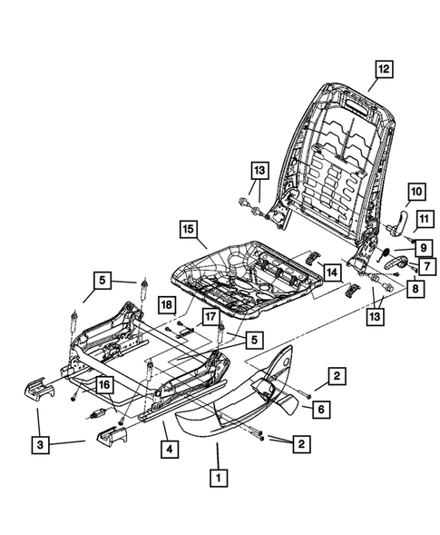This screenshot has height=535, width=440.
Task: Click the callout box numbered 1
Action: coord(217,474)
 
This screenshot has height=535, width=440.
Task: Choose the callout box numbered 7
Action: coord(425,266)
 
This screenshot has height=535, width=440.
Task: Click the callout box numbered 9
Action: coord(423,247)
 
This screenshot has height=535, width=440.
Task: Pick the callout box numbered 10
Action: coord(416,192)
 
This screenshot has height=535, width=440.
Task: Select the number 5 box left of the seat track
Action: coord(102,280)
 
